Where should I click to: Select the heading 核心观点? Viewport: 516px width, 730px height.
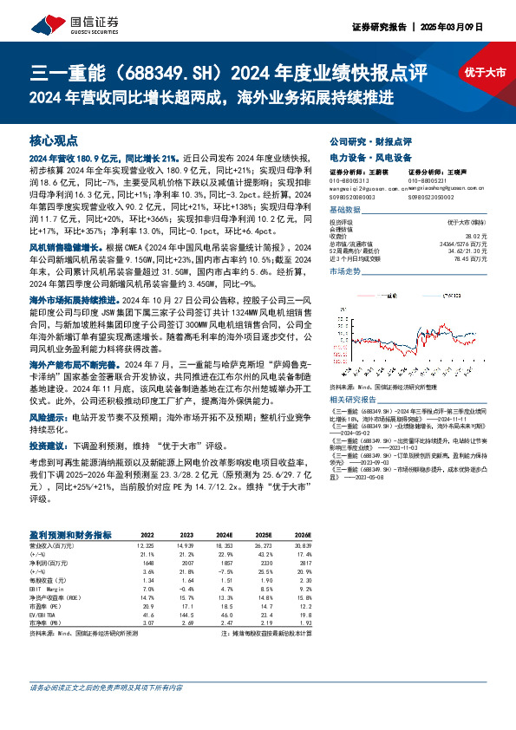(53, 139)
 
